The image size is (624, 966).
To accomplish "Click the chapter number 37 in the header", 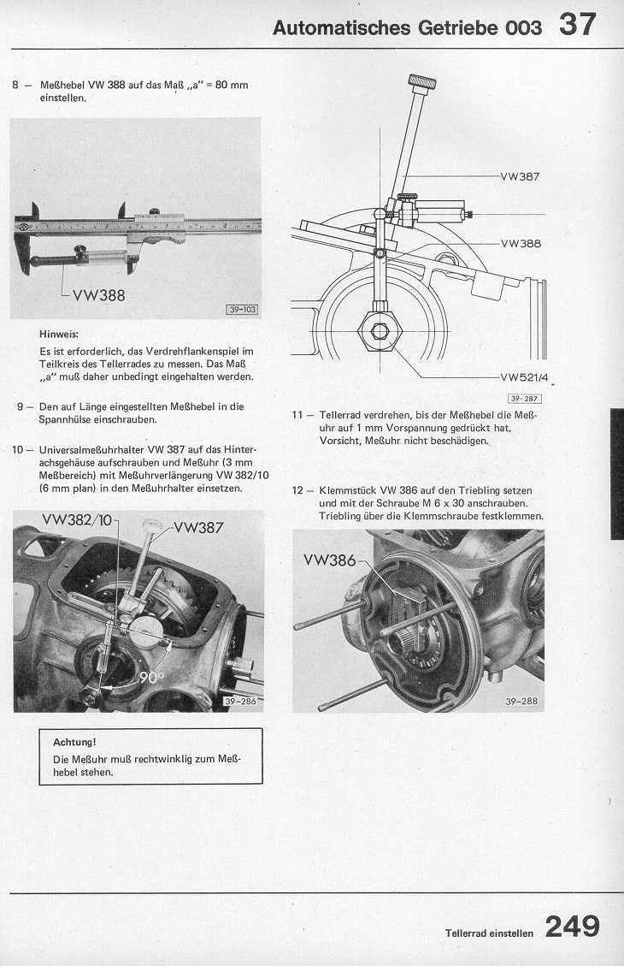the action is pos(577,26).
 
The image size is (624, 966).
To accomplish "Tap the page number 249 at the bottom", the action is pos(573,927).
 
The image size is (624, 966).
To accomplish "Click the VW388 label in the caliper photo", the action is pos(99,296).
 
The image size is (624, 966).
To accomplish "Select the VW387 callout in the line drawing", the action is pos(520,177).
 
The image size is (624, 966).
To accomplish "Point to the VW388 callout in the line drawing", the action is pos(521,243).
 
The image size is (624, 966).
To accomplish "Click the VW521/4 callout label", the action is pos(524,377).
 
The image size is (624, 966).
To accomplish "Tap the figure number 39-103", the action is pos(242,309).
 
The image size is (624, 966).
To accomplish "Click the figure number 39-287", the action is pos(524,399).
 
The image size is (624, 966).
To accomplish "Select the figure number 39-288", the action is pos(521,701).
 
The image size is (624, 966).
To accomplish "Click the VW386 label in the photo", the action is pos(329,560).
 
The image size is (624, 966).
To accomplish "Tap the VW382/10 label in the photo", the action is pos(78,520).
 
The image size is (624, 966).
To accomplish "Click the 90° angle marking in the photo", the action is pos(152,677).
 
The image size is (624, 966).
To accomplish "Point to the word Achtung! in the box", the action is pos(74,743).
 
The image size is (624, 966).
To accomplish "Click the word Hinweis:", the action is pos(59,334).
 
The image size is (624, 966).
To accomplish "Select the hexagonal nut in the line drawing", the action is pos(380,331).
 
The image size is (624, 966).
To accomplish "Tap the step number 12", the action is pos(297,491).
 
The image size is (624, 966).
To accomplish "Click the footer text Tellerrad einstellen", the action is pos(489,933).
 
